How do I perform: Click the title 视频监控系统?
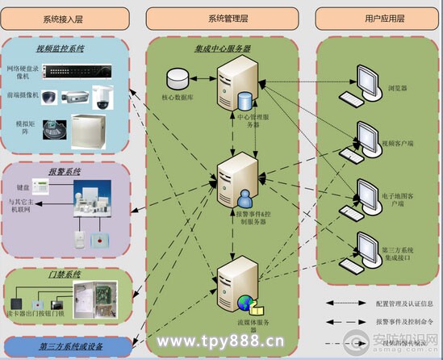pyautogui.click(x=61, y=48)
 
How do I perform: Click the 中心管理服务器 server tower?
pyautogui.click(x=237, y=92)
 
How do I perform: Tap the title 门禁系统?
pyautogui.click(x=65, y=274)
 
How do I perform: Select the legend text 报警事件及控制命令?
pyautogui.click(x=397, y=321)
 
